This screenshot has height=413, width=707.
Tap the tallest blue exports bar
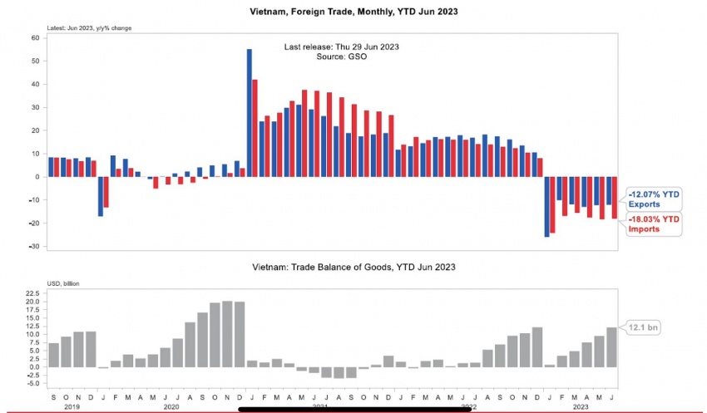click(x=250, y=112)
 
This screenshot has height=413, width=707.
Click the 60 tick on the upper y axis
click(x=36, y=38)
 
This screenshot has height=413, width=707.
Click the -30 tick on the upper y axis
click(x=35, y=247)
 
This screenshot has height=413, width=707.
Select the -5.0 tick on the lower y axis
click(x=33, y=383)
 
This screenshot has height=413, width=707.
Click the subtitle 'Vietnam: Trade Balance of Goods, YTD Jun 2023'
click(x=353, y=268)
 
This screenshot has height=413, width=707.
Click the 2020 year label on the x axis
click(x=172, y=407)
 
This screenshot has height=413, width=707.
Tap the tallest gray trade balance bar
click(x=227, y=334)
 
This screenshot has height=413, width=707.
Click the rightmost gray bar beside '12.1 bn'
click(x=612, y=347)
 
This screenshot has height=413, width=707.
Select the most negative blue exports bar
click(x=546, y=207)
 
